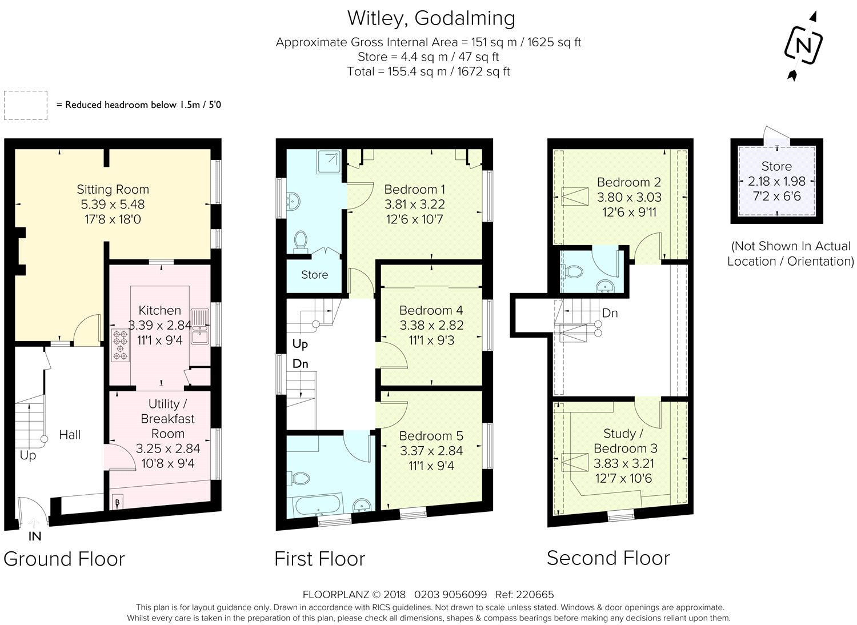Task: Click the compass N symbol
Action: pos(803,46)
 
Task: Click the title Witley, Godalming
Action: pos(431,18)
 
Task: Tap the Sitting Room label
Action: pos(113,189)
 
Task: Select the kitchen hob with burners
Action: pos(120,345)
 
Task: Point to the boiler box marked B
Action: pos(118,502)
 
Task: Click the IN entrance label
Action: pos(35,536)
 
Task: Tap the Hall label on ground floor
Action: pos(70,435)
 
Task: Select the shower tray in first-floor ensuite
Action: pos(329,162)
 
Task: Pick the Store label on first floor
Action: pos(314,275)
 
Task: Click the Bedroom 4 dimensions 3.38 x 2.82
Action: pos(431,325)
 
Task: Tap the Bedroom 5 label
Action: pos(431,436)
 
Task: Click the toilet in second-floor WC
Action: pos(572,272)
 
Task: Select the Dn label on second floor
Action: pos(610,313)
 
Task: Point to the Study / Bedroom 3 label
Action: pos(625,440)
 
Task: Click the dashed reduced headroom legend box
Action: pos(26,105)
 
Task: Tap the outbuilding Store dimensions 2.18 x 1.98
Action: pos(776,181)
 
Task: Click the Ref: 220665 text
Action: pos(524,594)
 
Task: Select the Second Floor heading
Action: pos(608,558)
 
